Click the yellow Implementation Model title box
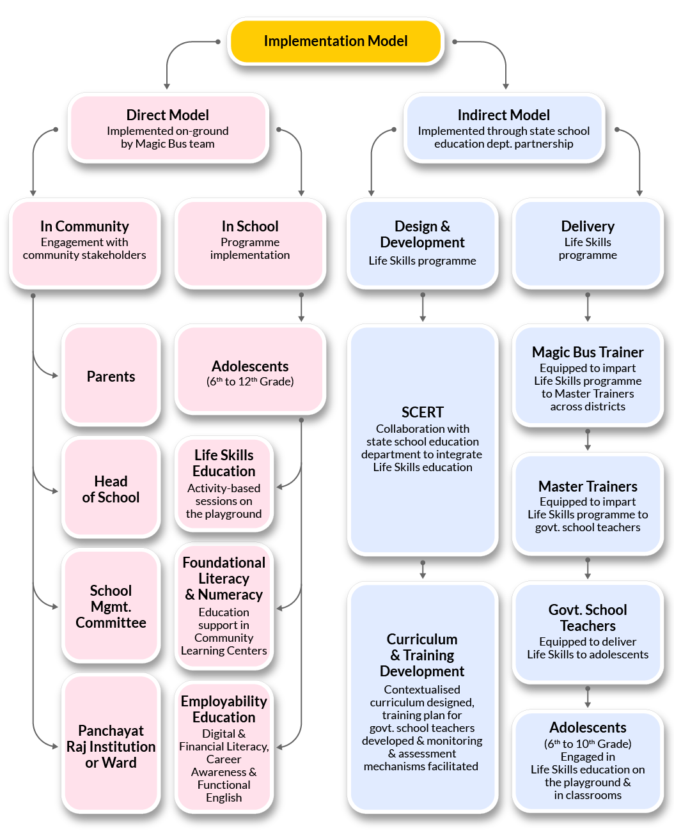(x=336, y=41)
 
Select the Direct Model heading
(x=168, y=115)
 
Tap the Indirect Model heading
(x=503, y=115)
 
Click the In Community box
(x=84, y=241)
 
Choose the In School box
(x=250, y=241)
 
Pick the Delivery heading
(x=588, y=226)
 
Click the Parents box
(x=111, y=377)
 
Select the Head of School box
(x=111, y=489)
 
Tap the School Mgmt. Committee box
(x=111, y=606)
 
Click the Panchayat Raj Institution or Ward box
(x=111, y=746)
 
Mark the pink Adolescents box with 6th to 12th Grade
(x=250, y=373)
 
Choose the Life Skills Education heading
(x=224, y=463)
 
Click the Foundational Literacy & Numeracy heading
(x=224, y=578)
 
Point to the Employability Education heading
(x=224, y=709)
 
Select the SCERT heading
(x=422, y=412)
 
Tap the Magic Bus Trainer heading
(x=588, y=352)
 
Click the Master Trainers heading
(x=588, y=486)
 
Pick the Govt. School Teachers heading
(x=588, y=617)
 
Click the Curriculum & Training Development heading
(x=422, y=655)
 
